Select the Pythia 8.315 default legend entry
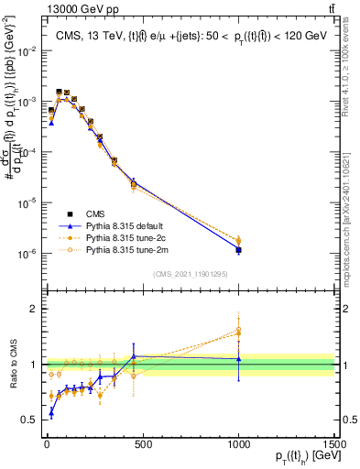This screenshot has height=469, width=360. (x=124, y=224)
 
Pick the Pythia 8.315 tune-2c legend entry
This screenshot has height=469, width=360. (x=124, y=236)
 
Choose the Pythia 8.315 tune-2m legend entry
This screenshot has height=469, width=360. (x=125, y=248)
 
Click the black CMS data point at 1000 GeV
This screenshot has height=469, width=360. (x=238, y=249)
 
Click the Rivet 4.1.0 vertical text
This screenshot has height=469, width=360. (x=351, y=82)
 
